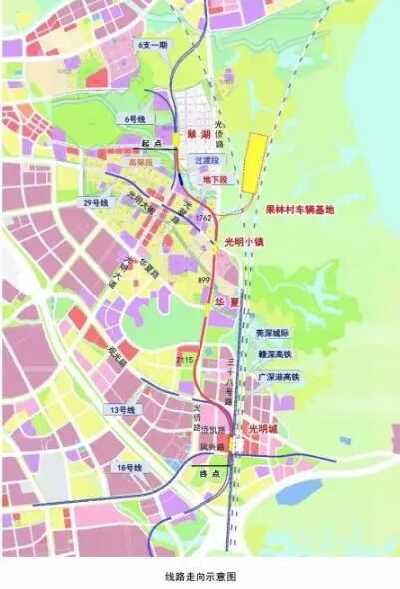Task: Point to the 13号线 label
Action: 122,410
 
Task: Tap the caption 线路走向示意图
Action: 200,576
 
